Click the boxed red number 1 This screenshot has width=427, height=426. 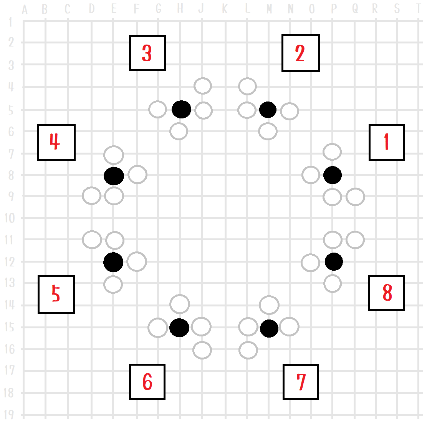pos(387,142)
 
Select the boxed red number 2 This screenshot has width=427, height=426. pos(300,53)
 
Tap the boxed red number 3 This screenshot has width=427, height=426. pos(147,53)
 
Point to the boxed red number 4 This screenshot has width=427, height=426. pos(56,142)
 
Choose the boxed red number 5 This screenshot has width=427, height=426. pos(56,294)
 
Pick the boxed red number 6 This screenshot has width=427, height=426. pos(147,382)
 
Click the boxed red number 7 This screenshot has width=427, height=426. pos(301,382)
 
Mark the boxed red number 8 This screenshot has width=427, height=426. pos(387,293)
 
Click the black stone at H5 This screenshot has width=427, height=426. pos(181,110)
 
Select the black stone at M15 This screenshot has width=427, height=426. pos(269,328)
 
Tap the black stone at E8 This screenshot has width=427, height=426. pos(114,176)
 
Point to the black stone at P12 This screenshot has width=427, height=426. pos(334,262)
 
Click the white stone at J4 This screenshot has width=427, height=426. pos(203,86)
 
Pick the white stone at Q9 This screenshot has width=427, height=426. pos(355,197)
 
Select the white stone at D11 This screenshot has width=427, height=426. pos(92,240)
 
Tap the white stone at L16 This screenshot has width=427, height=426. pos(248,350)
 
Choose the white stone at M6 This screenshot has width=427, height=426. pos(268,131)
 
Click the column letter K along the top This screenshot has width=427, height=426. pos(225,9)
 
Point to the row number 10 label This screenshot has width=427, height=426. pos(10,218)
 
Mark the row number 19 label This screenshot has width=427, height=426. pos(10,415)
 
